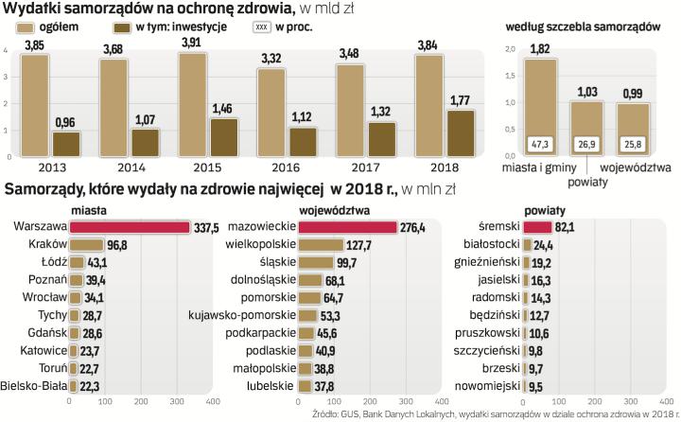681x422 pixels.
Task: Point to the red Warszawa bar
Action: pos(130,227)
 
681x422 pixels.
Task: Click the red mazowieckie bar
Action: pos(347,227)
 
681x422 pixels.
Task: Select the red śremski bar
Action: pos(538,227)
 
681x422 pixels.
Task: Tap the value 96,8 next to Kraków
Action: pos(117,245)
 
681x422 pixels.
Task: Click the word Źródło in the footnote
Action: pos(327,414)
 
